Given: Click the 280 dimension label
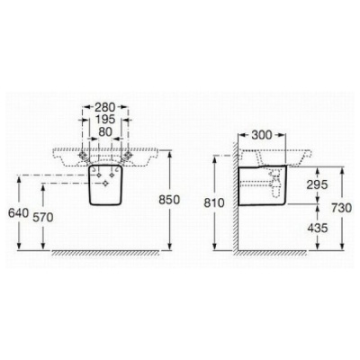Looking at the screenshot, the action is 105,107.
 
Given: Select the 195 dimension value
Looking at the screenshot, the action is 105,120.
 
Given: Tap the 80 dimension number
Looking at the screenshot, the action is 105,131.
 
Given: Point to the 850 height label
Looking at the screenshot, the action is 169,200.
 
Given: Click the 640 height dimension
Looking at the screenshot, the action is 19,213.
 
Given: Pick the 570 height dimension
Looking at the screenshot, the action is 43,217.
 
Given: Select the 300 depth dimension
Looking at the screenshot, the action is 261,135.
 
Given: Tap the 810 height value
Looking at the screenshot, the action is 214,203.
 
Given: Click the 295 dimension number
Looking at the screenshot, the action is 317,184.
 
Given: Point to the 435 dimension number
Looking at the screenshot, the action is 318,229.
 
